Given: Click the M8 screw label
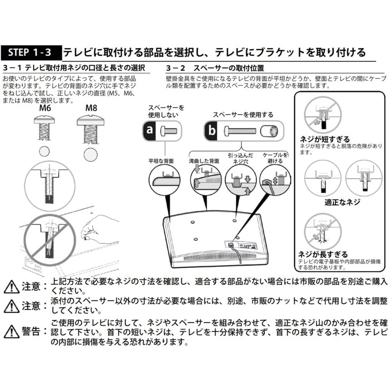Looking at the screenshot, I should click(x=91, y=109).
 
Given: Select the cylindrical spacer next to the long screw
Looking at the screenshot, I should click(x=270, y=131).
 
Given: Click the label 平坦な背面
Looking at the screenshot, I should click(x=161, y=161).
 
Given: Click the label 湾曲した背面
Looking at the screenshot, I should click(x=203, y=161).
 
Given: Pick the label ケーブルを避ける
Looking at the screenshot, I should click(x=275, y=158).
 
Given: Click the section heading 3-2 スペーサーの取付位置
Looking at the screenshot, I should click(x=215, y=68).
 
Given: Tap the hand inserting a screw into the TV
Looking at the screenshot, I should click(x=97, y=226).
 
